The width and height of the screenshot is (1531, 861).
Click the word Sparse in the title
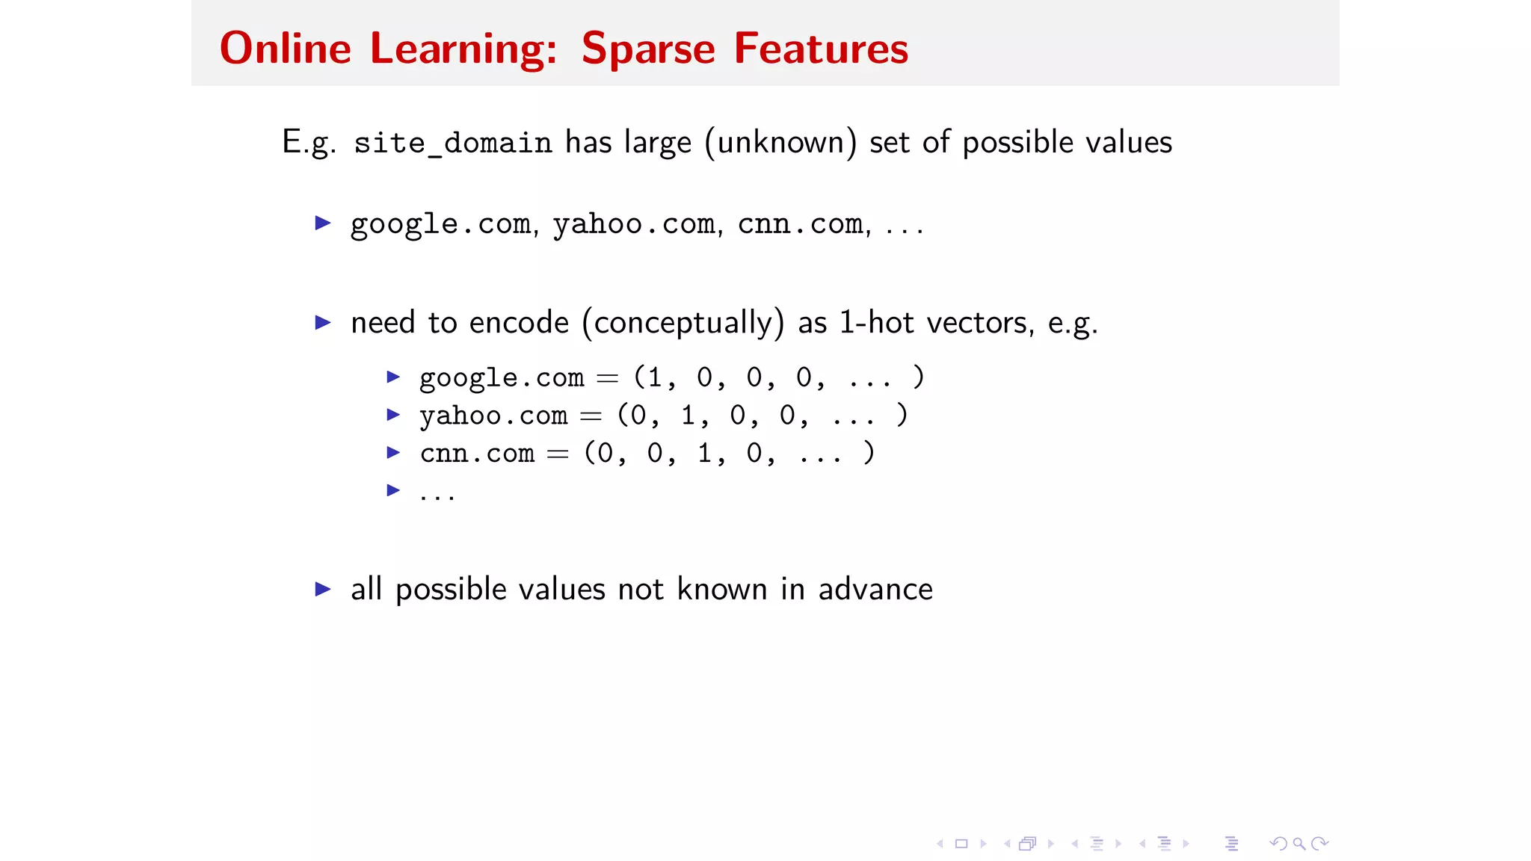click(647, 49)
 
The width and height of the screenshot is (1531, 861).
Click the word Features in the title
click(820, 49)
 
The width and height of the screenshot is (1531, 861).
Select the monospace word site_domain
click(452, 143)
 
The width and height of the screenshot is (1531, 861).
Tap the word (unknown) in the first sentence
click(780, 143)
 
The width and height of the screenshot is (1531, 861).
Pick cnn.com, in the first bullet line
click(803, 224)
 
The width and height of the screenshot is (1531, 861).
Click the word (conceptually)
click(683, 323)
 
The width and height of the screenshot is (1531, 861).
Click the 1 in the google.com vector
click(655, 377)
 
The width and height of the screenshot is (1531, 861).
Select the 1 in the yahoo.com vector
click(688, 415)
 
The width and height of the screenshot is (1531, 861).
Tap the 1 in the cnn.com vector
click(704, 453)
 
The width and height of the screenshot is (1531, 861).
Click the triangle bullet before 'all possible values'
click(323, 589)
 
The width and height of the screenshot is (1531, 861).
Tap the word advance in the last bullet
click(875, 590)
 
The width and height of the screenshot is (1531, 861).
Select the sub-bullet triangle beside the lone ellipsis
click(393, 490)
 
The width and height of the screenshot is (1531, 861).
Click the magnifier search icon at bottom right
click(1299, 844)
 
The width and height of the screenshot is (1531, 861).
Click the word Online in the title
click(285, 49)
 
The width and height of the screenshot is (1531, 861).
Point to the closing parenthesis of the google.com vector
click(919, 377)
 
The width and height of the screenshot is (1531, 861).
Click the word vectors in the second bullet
click(979, 323)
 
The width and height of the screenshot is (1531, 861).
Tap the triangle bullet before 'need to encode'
click(323, 323)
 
